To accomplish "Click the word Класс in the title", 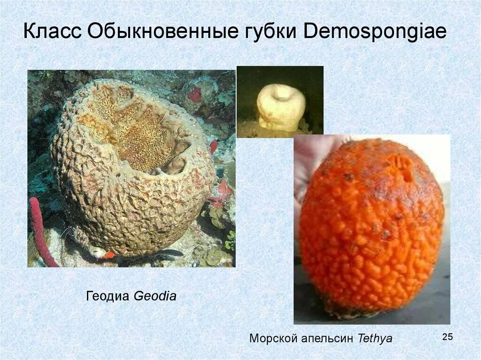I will point(53,33).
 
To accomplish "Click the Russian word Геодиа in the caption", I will point(109,296).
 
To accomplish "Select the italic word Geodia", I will point(155,296).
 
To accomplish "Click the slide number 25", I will point(447,337).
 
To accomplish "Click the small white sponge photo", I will point(280,102).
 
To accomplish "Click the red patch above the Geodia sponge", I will point(194,94).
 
